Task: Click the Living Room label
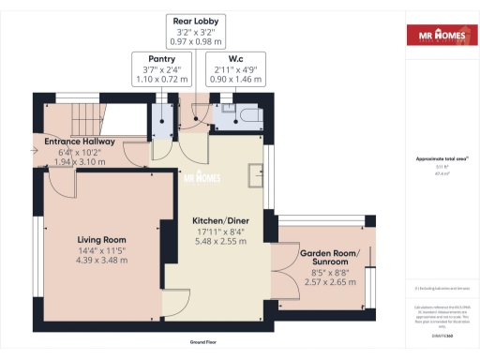(102, 239)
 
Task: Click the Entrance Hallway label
(80, 142)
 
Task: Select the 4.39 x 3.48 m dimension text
(102, 260)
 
